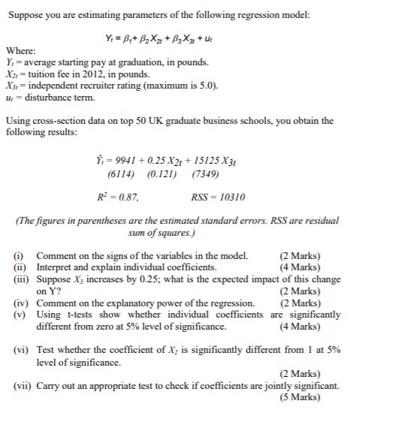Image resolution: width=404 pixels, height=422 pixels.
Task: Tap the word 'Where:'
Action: [20, 51]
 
